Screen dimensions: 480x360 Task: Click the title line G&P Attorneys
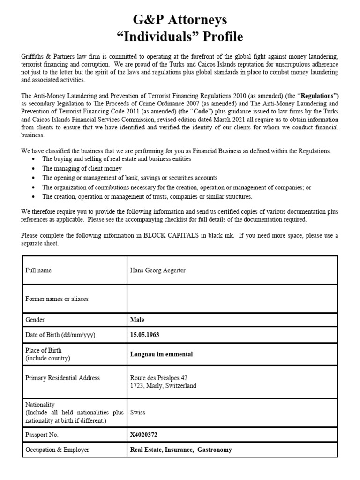point(180,19)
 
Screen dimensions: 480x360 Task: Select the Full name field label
point(38,270)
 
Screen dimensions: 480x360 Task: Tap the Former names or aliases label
point(57,299)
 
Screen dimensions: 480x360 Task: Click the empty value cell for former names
point(232,299)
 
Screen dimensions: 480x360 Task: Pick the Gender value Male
point(137,320)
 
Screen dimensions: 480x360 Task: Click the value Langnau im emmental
point(161,354)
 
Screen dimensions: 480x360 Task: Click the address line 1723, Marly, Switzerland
point(163,386)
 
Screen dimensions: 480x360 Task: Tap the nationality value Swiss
point(137,412)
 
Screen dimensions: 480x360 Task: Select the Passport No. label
point(42,435)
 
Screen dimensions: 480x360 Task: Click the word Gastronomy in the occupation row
point(215,450)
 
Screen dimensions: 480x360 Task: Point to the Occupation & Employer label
point(57,450)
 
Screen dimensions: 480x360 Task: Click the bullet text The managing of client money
point(82,168)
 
